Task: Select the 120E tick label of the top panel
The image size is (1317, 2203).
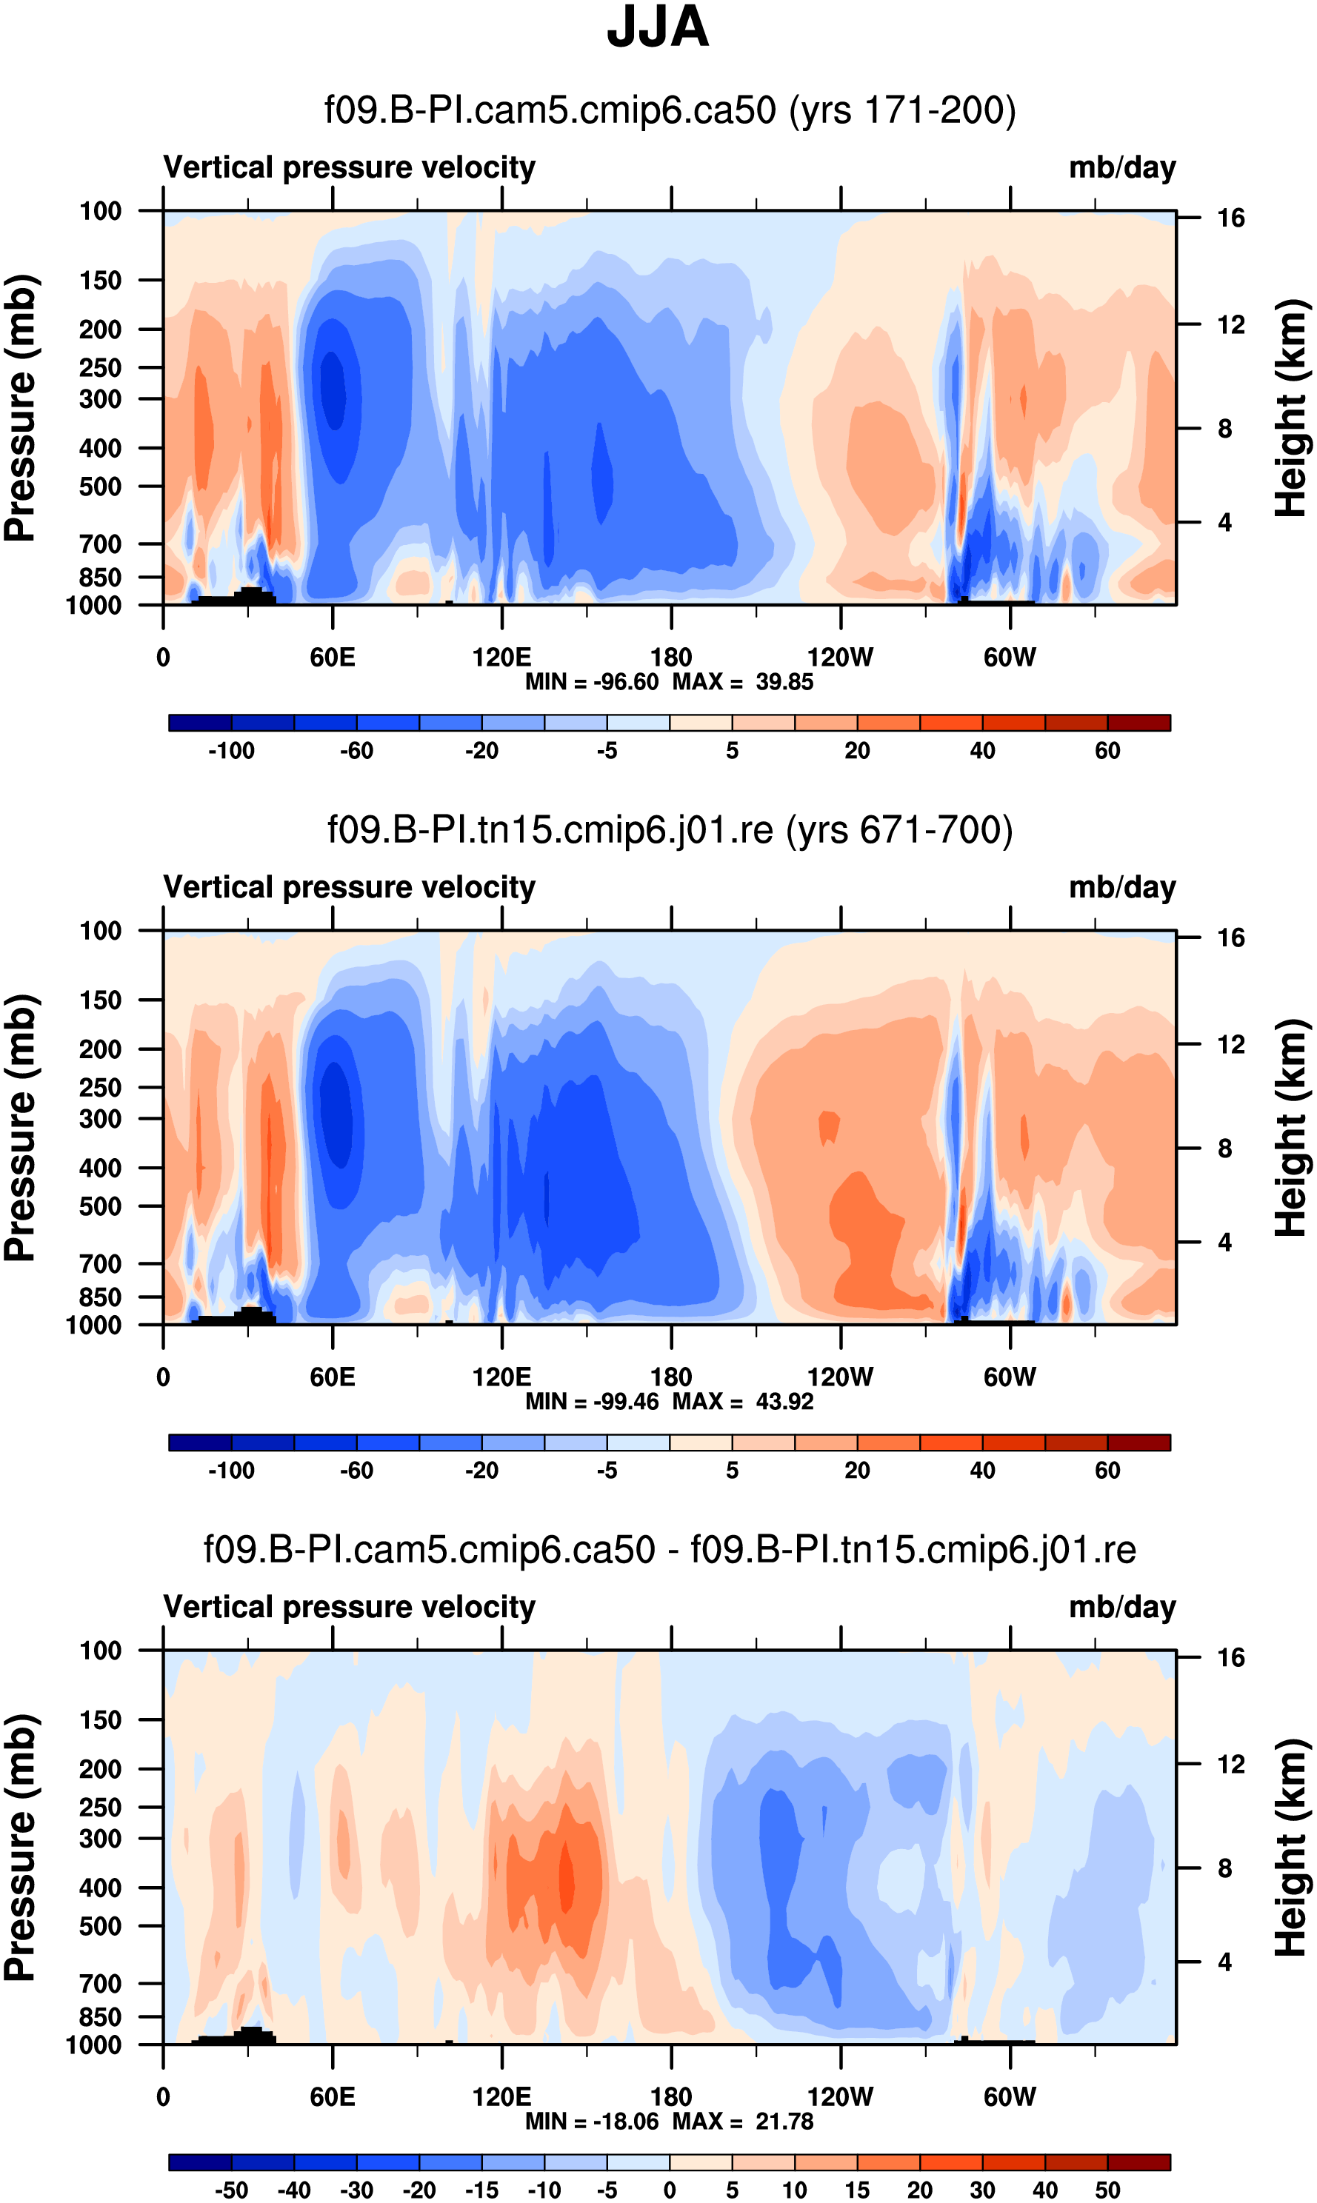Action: click(501, 658)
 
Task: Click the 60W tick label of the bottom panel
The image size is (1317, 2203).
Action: click(1009, 2096)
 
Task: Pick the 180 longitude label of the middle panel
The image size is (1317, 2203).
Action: click(671, 1377)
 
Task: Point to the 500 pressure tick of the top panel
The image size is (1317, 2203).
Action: click(100, 487)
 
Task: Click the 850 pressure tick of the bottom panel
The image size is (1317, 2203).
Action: click(100, 2016)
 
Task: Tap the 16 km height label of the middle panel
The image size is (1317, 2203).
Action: click(1231, 937)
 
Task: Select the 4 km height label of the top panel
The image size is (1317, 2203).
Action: click(1224, 523)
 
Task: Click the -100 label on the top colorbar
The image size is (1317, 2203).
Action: click(231, 751)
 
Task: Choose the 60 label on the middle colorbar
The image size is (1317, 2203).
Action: click(1107, 1470)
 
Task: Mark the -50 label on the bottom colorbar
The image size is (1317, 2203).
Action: click(231, 2190)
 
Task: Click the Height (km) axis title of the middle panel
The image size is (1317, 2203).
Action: click(1291, 1128)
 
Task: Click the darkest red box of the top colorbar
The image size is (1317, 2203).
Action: click(1138, 722)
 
